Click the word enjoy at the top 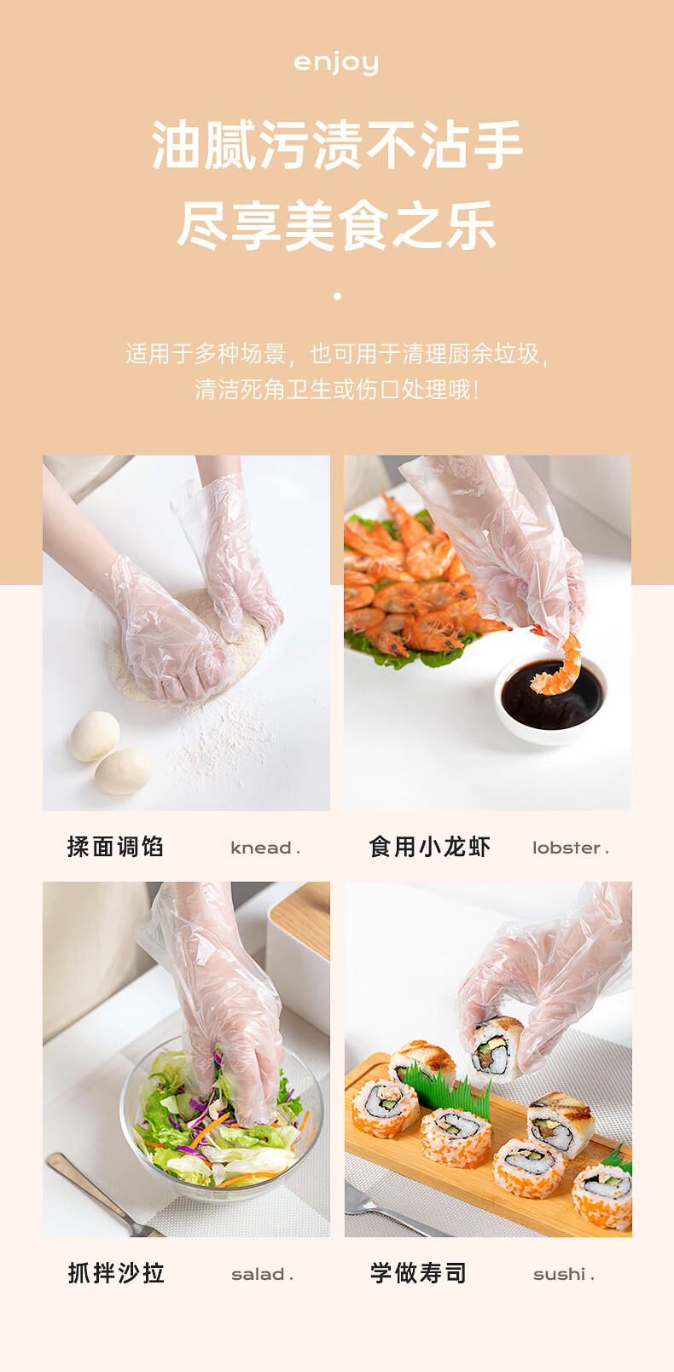click(x=336, y=63)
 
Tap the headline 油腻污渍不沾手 click(x=337, y=145)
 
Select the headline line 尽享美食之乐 click(x=337, y=225)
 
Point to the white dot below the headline click(x=337, y=297)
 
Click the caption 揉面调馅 click(x=116, y=847)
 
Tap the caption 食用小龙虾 click(x=429, y=847)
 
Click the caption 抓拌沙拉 click(x=116, y=1273)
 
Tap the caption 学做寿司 click(x=419, y=1273)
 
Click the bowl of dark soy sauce click(x=551, y=699)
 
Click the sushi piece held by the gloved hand click(x=494, y=1049)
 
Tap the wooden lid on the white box click(x=300, y=912)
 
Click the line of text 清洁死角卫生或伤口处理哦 click(x=337, y=390)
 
